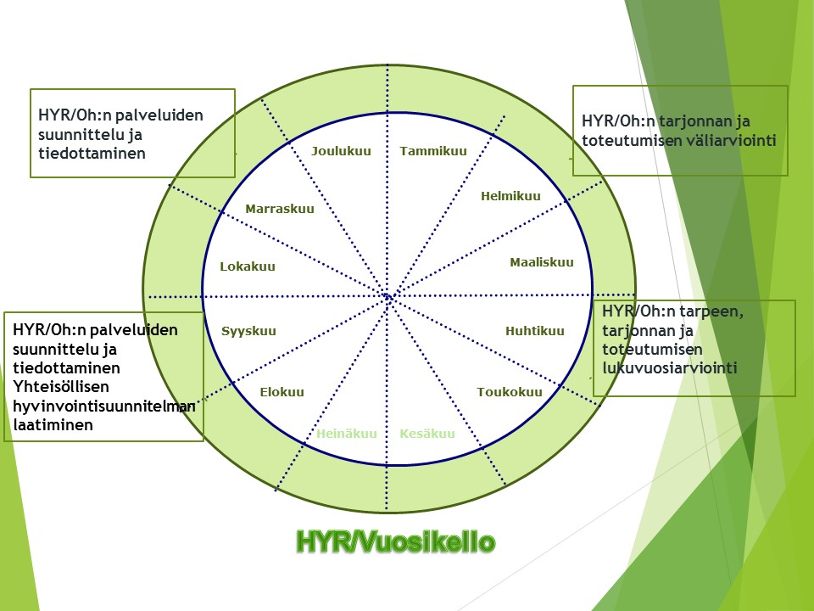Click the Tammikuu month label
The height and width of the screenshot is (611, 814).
433,151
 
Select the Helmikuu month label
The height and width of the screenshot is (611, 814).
510,196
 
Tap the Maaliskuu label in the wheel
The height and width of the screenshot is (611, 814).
542,262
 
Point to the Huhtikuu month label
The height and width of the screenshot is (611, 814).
535,331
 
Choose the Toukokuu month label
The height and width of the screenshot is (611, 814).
510,392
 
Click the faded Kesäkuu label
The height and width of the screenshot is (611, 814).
427,434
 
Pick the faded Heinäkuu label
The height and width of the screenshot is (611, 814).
347,434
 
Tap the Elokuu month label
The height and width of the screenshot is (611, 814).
282,392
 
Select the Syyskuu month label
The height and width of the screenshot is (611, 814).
248,332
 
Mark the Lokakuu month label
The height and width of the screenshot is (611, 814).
247,266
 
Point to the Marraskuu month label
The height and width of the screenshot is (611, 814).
279,209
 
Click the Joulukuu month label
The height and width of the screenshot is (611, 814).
341,151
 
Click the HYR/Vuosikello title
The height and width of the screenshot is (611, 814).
396,542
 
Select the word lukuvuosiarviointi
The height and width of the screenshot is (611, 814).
670,367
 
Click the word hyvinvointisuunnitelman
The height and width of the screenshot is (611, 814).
103,406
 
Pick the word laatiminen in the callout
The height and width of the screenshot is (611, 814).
53,425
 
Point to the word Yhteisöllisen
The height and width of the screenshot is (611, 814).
61,387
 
